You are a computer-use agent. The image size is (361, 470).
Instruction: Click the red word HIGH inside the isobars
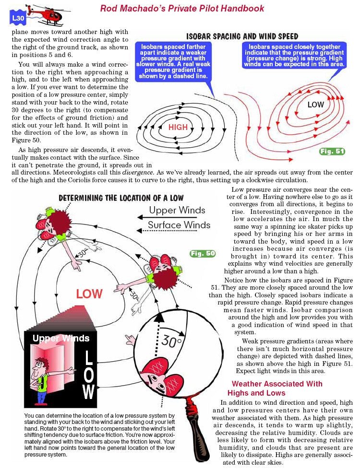click(178, 128)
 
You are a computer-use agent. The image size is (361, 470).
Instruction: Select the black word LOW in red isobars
click(315, 104)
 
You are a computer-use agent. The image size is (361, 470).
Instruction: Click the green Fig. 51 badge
click(332, 152)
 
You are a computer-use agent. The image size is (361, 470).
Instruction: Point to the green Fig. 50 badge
click(203, 253)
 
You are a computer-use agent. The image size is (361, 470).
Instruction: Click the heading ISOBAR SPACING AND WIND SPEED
click(242, 36)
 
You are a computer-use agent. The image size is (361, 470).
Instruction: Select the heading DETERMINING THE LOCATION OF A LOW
click(121, 198)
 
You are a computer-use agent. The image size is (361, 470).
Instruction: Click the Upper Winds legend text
click(177, 210)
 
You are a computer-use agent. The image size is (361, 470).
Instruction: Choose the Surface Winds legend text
click(179, 225)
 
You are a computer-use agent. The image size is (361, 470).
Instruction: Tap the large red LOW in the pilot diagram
click(89, 294)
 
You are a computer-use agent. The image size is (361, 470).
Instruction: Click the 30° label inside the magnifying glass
click(171, 341)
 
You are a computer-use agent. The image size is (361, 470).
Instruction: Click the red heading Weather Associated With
click(277, 384)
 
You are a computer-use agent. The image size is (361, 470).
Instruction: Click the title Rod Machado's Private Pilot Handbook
click(182, 8)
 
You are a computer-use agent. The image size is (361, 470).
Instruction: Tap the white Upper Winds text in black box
click(60, 338)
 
